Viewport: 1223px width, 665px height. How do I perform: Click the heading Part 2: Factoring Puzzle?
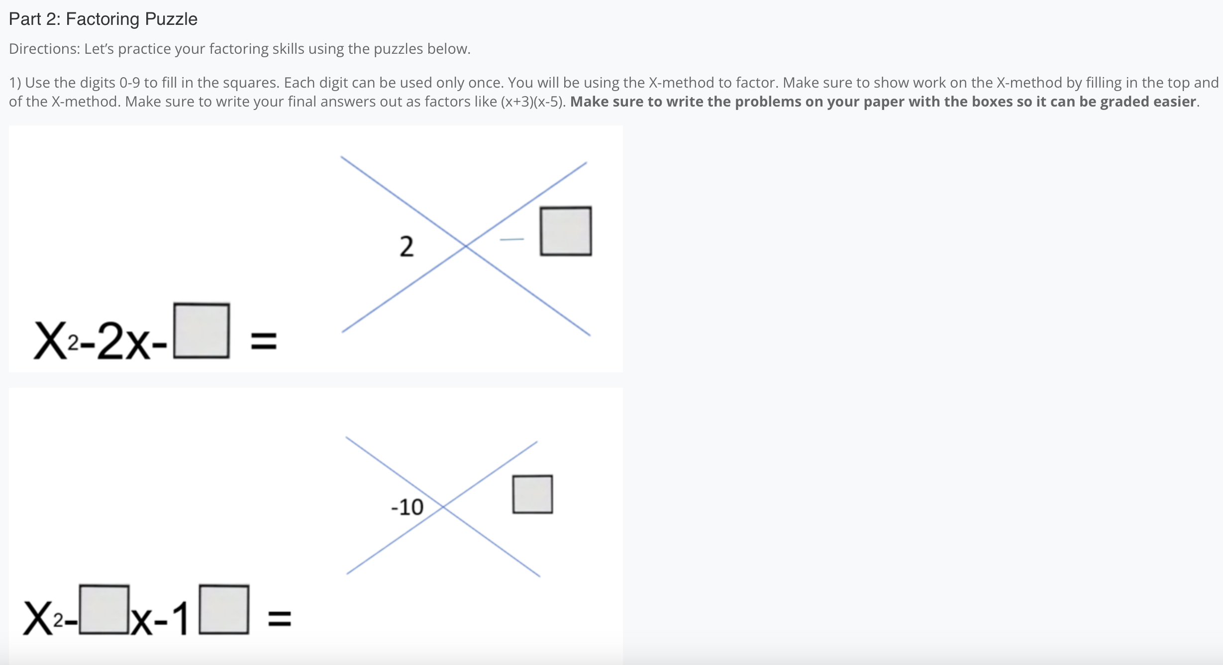tap(103, 19)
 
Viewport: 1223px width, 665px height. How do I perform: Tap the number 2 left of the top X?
tap(407, 246)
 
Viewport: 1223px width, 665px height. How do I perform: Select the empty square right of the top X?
tap(566, 231)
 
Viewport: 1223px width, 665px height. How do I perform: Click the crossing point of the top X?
tap(466, 246)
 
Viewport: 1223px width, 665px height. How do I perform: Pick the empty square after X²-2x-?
tap(202, 331)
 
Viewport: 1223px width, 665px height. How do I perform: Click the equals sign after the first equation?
tap(263, 341)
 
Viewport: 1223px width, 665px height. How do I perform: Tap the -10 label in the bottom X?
tap(407, 507)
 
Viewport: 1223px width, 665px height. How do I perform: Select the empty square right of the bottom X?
tap(532, 494)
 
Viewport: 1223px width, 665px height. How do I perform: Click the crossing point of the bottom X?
tap(442, 506)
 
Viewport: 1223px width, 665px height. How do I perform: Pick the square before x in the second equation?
tap(104, 609)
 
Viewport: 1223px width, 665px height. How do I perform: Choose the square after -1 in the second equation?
tap(223, 609)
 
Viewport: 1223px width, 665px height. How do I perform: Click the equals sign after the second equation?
tap(280, 619)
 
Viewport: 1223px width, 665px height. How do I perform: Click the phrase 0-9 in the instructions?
tap(129, 83)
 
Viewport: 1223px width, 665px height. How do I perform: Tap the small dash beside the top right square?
tap(512, 239)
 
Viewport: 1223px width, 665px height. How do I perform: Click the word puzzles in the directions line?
tap(398, 49)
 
